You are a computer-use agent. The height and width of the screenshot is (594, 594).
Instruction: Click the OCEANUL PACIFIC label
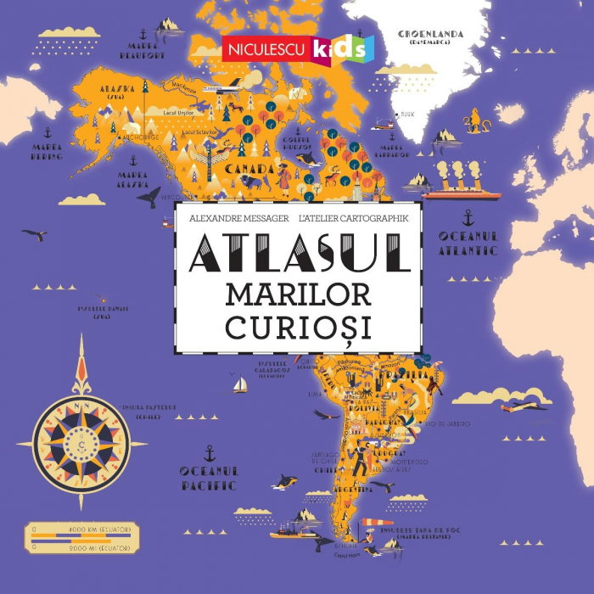click(209, 477)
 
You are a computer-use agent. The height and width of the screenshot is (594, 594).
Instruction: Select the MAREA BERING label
click(47, 152)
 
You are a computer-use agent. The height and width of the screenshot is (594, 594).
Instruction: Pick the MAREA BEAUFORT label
click(141, 50)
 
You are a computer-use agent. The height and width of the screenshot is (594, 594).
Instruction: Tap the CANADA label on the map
click(249, 168)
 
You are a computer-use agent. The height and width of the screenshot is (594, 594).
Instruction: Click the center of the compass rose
click(81, 440)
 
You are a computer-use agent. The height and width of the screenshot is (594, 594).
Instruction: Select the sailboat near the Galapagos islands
click(240, 385)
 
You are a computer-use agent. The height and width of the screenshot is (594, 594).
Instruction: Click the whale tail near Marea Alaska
click(149, 198)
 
